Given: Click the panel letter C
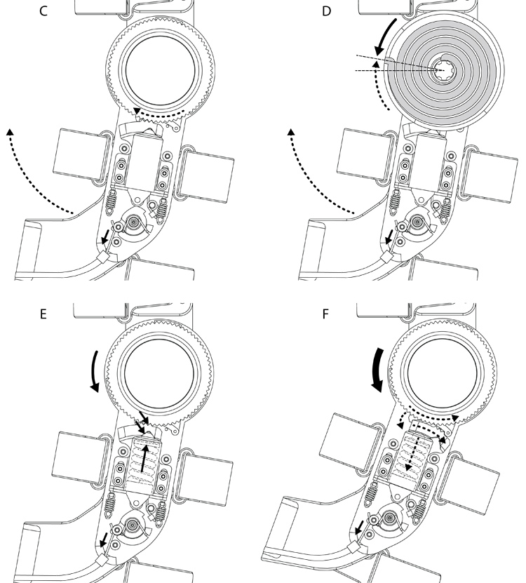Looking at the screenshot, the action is pos(43,11).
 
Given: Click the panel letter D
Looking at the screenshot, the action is pos(326,11).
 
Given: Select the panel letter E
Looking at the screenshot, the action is pos(43,314).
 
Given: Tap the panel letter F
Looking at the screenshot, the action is pos(325,314).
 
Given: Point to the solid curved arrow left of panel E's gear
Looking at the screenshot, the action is pos(95,371).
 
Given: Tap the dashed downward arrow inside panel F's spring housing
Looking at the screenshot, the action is pos(412,455).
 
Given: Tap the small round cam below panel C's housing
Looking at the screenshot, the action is pos(133,222).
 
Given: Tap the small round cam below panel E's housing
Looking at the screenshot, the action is pos(132,525).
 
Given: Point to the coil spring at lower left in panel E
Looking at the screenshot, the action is pos(109,505).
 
